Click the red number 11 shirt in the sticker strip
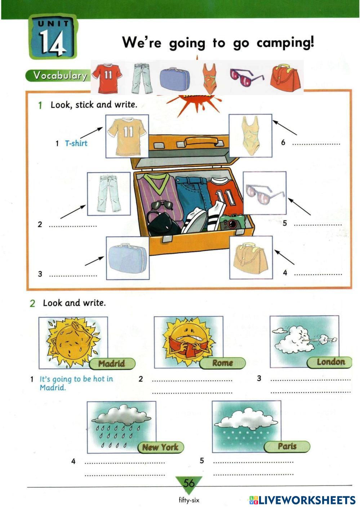click(108, 78)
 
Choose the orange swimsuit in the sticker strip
click(209, 79)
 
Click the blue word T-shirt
click(76, 143)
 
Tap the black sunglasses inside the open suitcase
click(162, 205)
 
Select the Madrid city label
click(112, 363)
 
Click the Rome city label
click(222, 363)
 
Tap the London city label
click(329, 362)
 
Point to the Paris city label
click(287, 446)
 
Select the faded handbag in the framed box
click(251, 258)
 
